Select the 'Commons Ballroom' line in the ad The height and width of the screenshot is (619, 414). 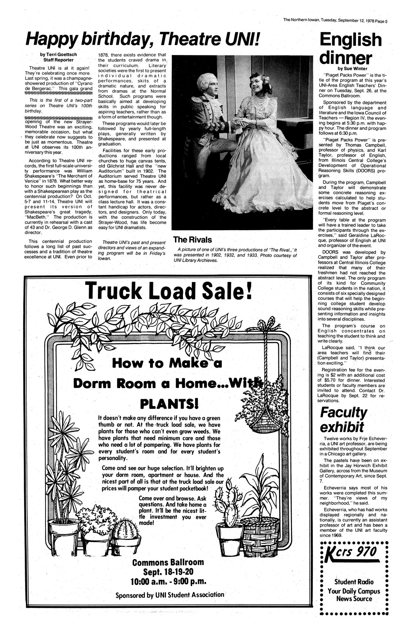click(168, 562)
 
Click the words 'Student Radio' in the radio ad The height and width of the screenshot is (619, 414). click(354, 582)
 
